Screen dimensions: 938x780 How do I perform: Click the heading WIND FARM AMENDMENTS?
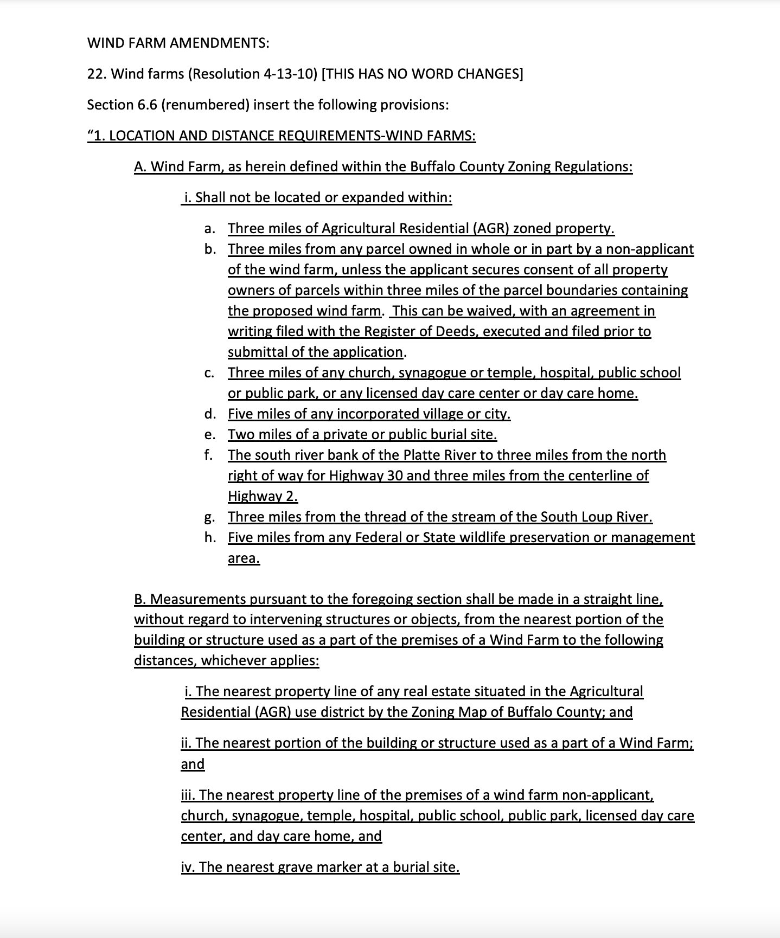point(178,43)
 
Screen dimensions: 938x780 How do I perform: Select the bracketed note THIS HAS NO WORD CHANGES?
point(423,74)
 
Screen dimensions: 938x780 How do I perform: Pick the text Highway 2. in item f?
point(263,497)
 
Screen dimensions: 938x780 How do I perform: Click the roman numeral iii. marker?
point(188,795)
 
